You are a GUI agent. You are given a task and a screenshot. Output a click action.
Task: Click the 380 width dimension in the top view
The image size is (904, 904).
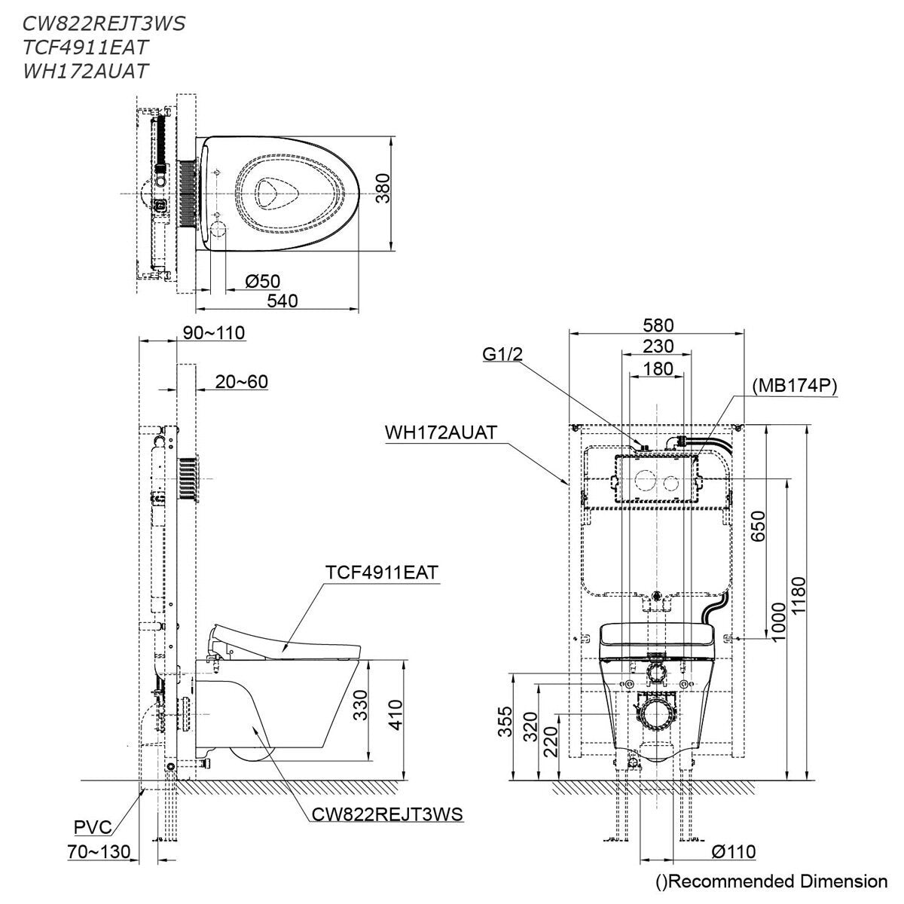pyautogui.click(x=383, y=188)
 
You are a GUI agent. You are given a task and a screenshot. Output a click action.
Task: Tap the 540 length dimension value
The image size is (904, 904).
pyautogui.click(x=282, y=301)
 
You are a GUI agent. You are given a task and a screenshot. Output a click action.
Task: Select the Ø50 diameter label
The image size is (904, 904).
pyautogui.click(x=263, y=281)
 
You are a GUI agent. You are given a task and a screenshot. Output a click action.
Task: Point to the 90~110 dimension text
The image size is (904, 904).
pyautogui.click(x=214, y=333)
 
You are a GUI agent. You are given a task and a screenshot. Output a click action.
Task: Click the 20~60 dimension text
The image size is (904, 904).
pyautogui.click(x=242, y=382)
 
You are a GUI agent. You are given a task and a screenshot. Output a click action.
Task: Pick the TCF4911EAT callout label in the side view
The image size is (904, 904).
pyautogui.click(x=382, y=573)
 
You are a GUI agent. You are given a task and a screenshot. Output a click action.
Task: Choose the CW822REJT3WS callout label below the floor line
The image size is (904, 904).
pyautogui.click(x=387, y=814)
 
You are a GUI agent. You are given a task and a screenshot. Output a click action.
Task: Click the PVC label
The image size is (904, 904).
pyautogui.click(x=93, y=827)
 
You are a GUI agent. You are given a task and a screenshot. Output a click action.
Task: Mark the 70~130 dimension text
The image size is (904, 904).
pyautogui.click(x=99, y=851)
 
